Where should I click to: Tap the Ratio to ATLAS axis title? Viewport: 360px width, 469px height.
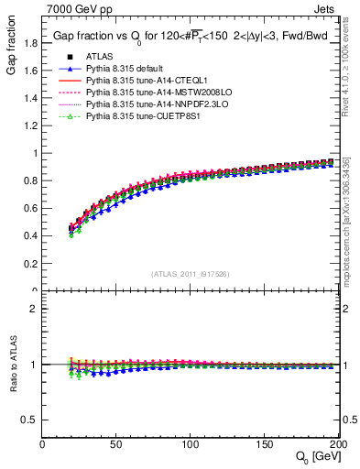point(12,365)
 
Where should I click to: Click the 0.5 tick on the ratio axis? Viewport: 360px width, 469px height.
point(31,420)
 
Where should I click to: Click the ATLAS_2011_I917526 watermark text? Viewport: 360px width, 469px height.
point(190,274)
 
